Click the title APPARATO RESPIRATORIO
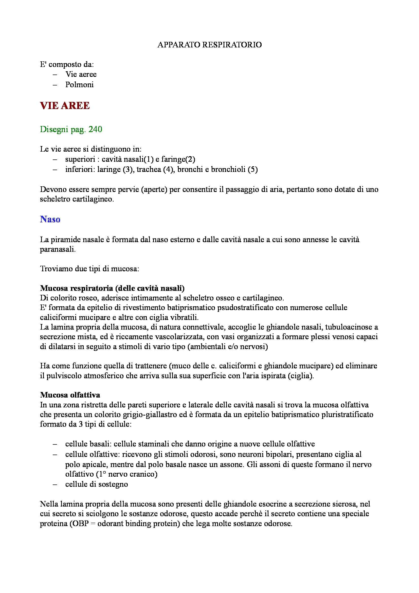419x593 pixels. tap(209, 45)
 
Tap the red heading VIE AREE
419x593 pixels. tap(65, 106)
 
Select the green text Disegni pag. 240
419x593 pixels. tap(71, 129)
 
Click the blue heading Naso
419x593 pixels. tap(50, 220)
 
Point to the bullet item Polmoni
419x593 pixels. tap(79, 85)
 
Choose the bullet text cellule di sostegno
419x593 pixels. tap(97, 484)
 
